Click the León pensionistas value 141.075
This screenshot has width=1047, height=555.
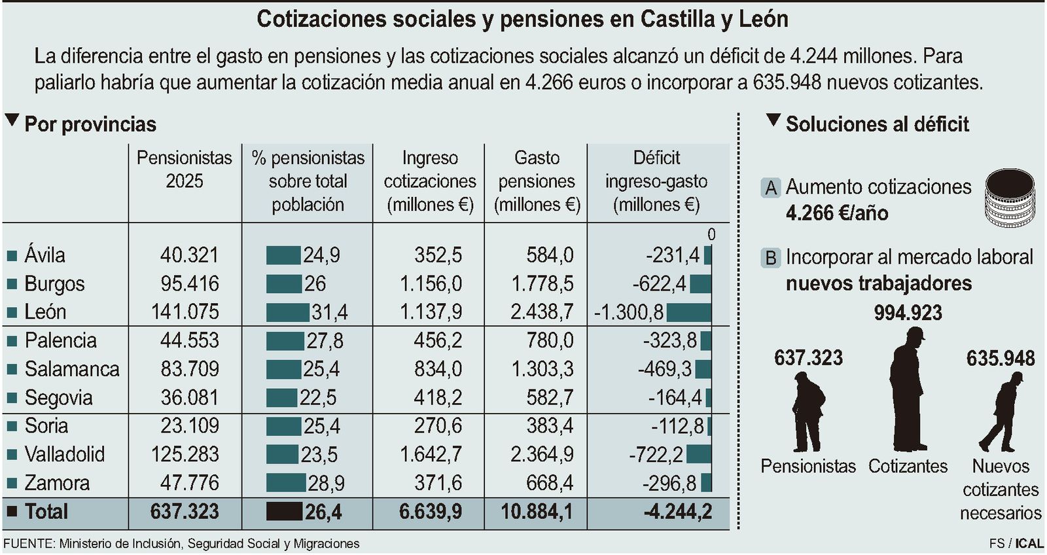point(185,312)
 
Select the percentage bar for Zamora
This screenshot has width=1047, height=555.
point(286,483)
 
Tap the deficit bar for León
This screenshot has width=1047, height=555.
point(688,312)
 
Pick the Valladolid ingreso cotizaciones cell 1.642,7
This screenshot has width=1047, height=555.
point(431,454)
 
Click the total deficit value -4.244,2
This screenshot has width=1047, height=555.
point(677,512)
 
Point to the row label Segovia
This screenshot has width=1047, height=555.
point(58,397)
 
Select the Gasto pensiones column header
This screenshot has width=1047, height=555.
point(537,181)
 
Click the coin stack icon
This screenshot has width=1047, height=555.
point(1010,198)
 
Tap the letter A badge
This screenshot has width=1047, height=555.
point(772,188)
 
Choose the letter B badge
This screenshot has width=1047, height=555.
point(772,258)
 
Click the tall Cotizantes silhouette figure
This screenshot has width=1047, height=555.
point(908,389)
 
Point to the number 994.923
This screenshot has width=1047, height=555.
point(908,313)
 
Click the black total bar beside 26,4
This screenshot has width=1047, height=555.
point(284,512)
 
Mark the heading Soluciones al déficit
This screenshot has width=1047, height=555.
point(877,124)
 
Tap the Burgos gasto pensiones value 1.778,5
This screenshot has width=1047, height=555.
point(542,283)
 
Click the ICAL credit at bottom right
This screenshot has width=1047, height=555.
point(1030,543)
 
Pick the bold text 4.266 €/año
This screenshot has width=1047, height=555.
point(836,213)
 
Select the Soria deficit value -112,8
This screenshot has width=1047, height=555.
point(677,426)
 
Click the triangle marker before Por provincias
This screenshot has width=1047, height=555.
point(12,120)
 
